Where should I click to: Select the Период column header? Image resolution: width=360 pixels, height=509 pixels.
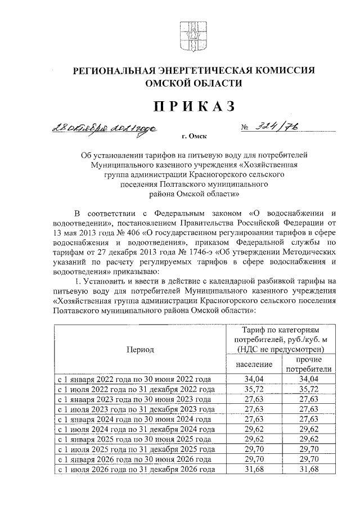point(140,349)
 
